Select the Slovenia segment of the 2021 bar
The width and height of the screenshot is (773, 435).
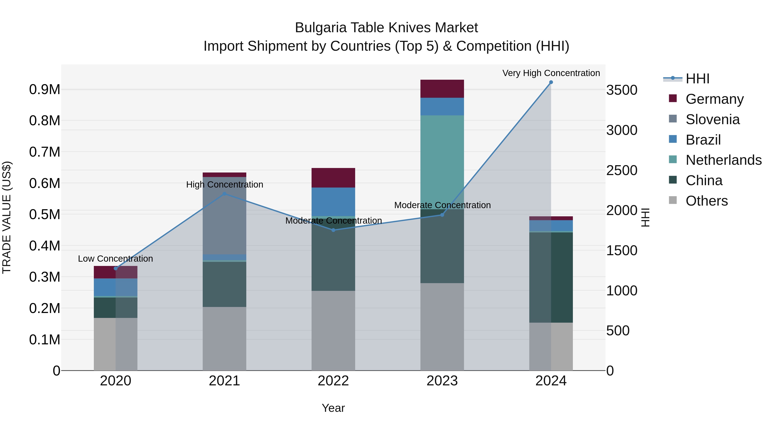(x=224, y=215)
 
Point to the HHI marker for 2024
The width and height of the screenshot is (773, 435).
(x=551, y=82)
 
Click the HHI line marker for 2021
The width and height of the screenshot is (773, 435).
(x=224, y=194)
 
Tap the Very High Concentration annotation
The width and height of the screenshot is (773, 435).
(x=551, y=73)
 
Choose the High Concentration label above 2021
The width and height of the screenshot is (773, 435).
(x=224, y=184)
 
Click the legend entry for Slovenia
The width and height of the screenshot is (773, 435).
(x=712, y=119)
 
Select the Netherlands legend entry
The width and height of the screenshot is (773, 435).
(x=723, y=160)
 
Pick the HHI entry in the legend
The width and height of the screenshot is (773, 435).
(x=697, y=79)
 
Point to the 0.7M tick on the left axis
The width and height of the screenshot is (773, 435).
(x=45, y=152)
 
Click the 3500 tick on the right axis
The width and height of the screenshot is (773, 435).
(x=622, y=90)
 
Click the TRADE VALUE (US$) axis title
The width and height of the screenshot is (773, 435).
(x=7, y=217)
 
